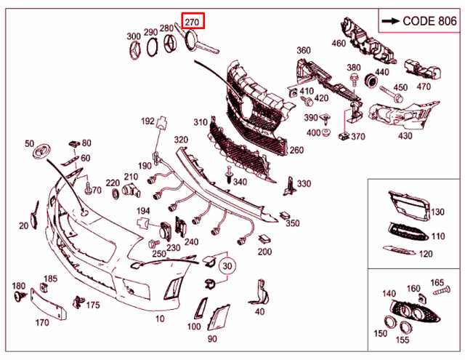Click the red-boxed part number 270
tap(193, 22)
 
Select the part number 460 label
tap(339, 43)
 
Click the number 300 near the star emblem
tap(134, 36)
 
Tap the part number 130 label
tap(437, 212)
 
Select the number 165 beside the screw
tap(437, 281)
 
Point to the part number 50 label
tap(29, 143)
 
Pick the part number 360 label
tap(303, 51)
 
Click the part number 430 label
tap(405, 135)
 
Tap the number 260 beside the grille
tap(296, 151)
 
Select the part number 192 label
tap(147, 121)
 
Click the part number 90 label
tap(212, 338)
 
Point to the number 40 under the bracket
tap(260, 311)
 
